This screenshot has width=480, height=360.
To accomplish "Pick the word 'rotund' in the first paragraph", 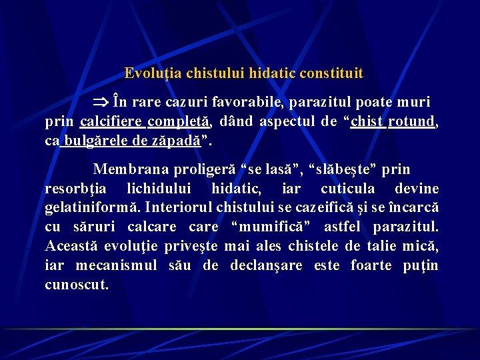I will [x=414, y=122].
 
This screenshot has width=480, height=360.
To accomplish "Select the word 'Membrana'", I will [x=126, y=169].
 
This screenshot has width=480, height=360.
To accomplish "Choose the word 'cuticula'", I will [x=351, y=189].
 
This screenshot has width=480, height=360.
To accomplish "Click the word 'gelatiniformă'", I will [x=90, y=207].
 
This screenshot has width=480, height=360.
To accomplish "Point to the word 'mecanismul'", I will [x=116, y=265].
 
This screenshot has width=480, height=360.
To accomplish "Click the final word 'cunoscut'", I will [x=76, y=285].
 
